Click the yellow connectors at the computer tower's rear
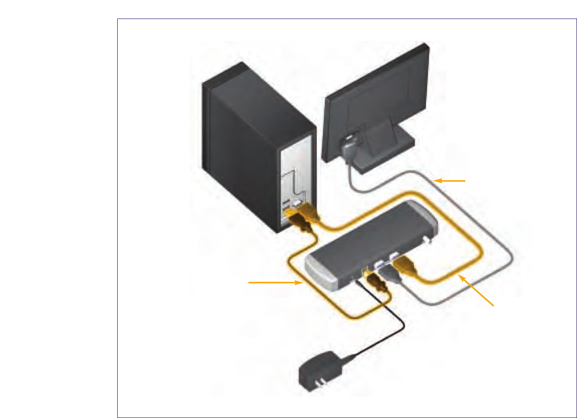[301, 218]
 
